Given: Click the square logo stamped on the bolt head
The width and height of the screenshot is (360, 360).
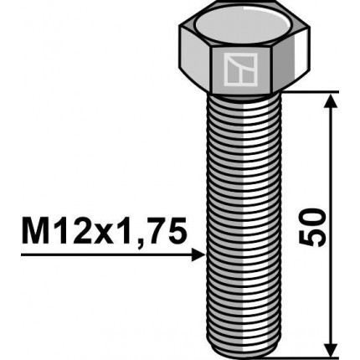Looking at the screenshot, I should pyautogui.click(x=243, y=70).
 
